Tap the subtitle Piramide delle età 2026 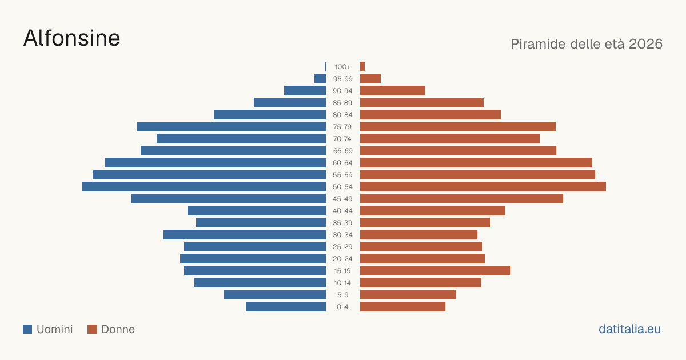[587, 44]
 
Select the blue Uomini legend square [27, 329]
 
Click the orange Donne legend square [92, 329]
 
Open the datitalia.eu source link [629, 329]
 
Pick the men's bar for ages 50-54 [204, 186]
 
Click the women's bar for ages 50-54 [483, 186]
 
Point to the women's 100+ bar [362, 66]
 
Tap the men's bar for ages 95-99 [320, 78]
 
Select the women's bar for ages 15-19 [435, 271]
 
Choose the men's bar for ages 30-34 [245, 234]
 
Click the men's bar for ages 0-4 [286, 306]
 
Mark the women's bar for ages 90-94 [393, 91]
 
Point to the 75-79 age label [342, 127]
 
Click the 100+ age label [342, 67]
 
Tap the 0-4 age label [342, 307]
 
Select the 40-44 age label [342, 211]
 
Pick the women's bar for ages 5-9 [408, 294]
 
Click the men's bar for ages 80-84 [270, 114]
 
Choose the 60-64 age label [342, 162]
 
